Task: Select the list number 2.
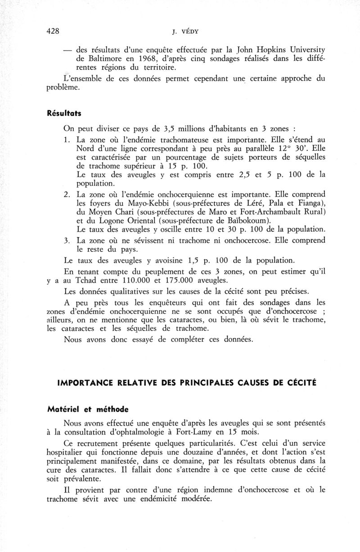point(67,194)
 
